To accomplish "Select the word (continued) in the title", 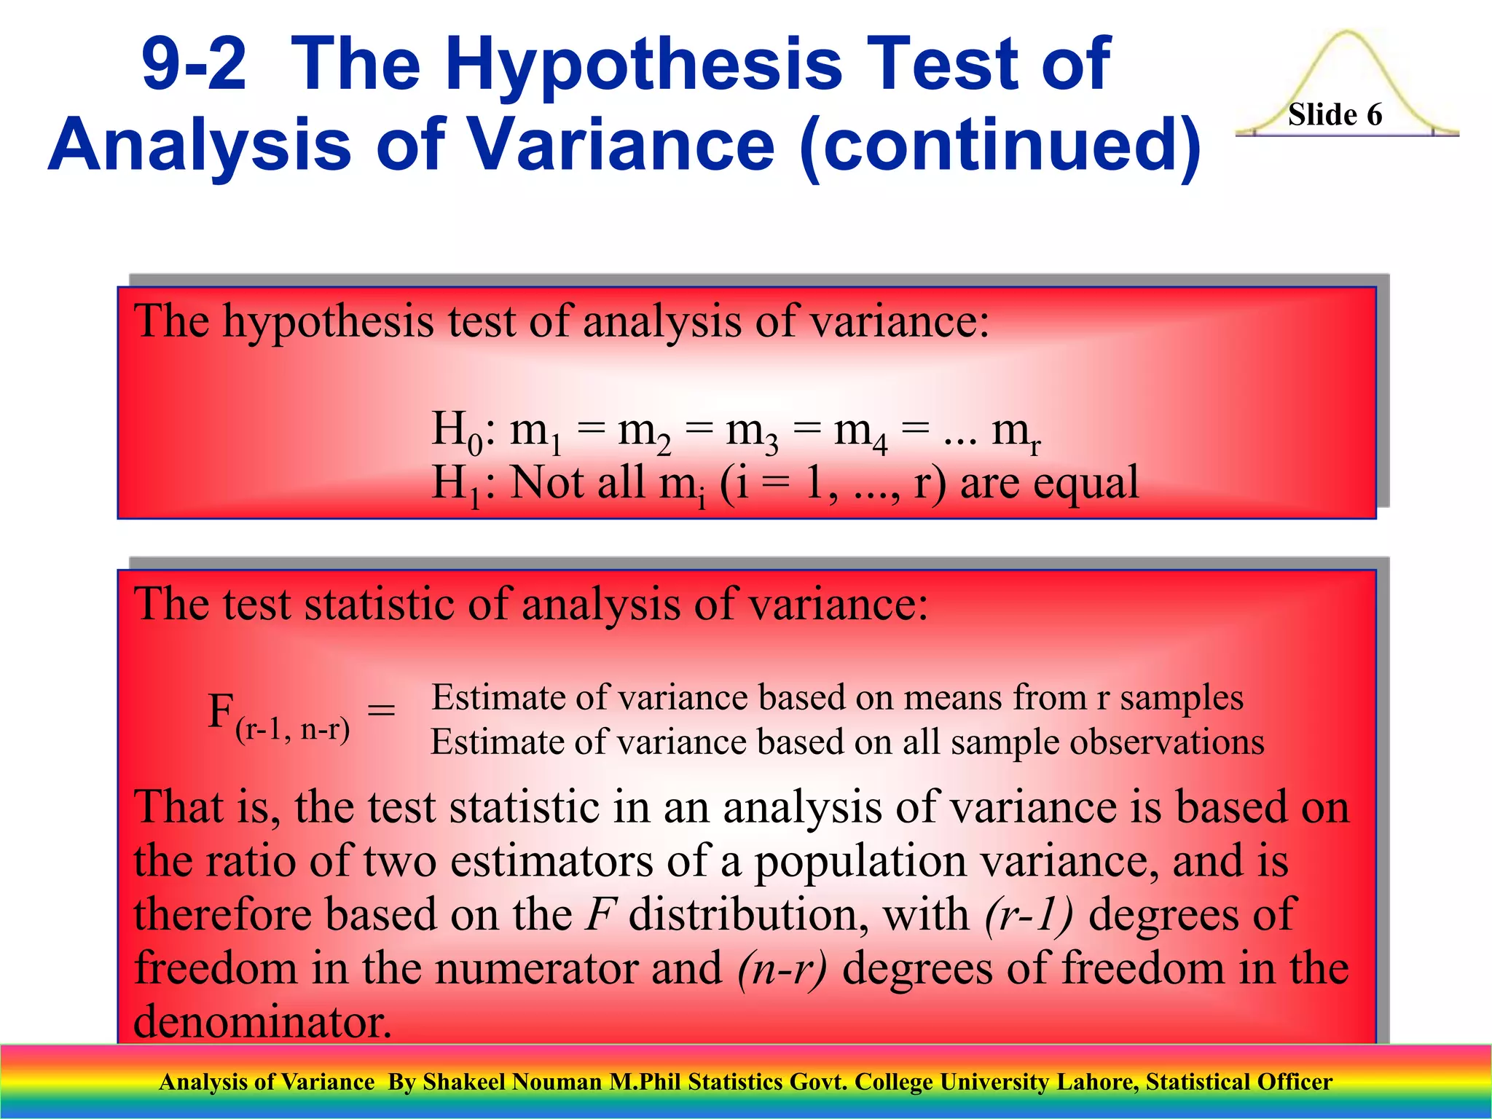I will coord(1000,146).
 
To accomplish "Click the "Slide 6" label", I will coord(1335,115).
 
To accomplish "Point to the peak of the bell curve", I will coord(1347,33).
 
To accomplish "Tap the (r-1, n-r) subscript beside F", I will coord(292,729).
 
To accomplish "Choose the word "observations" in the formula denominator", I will coord(1166,742).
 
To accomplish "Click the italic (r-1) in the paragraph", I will coord(1028,914).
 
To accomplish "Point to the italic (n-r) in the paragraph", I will coord(782,968).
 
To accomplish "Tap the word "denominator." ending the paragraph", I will coord(263,1021).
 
